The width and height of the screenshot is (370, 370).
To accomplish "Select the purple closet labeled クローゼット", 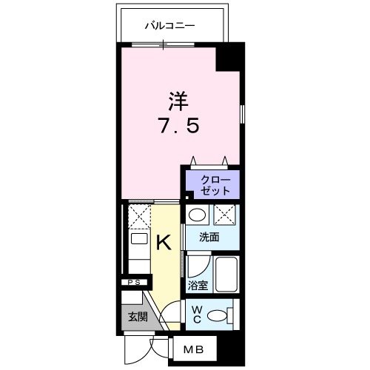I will tap(212, 184).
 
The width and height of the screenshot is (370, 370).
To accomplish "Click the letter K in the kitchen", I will tap(166, 242).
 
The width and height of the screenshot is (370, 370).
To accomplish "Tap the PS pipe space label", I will tap(135, 283).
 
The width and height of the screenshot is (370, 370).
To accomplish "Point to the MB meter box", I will tap(194, 348).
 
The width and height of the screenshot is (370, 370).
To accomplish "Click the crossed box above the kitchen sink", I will tap(138, 216).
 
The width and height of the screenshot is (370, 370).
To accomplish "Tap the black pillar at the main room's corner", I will tap(229, 58).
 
